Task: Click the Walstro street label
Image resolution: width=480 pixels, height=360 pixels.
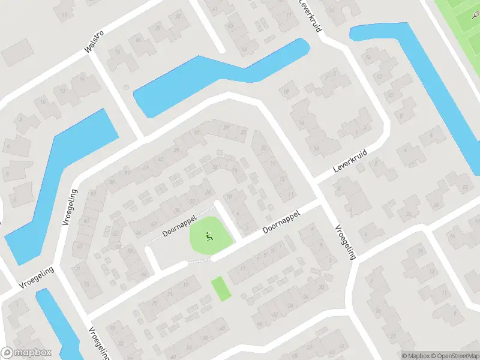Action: (x=94, y=43)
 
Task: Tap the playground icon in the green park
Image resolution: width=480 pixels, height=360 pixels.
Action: (x=209, y=236)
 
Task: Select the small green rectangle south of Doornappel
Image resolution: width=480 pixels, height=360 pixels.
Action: (x=221, y=288)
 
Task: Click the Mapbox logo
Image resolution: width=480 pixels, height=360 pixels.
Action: (x=26, y=353)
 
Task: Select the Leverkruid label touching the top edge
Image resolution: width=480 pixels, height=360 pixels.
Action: (x=310, y=15)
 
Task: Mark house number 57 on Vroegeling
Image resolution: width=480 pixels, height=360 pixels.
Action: (x=93, y=194)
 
